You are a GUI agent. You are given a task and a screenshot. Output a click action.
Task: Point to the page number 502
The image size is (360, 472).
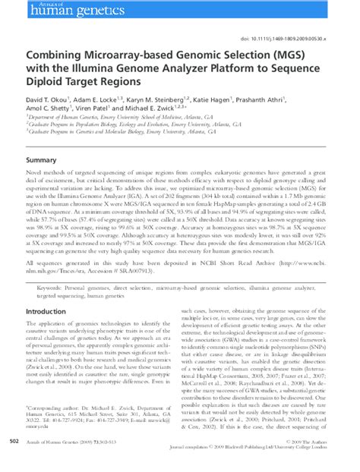point(14,460)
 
